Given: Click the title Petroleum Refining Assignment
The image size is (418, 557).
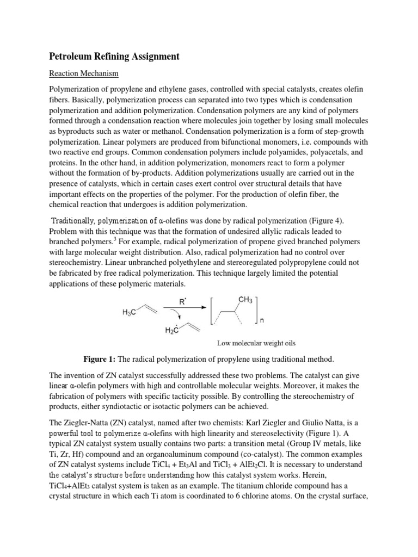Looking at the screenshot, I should tap(114, 56).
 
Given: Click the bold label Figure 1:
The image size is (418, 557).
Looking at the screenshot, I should tap(102, 360).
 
